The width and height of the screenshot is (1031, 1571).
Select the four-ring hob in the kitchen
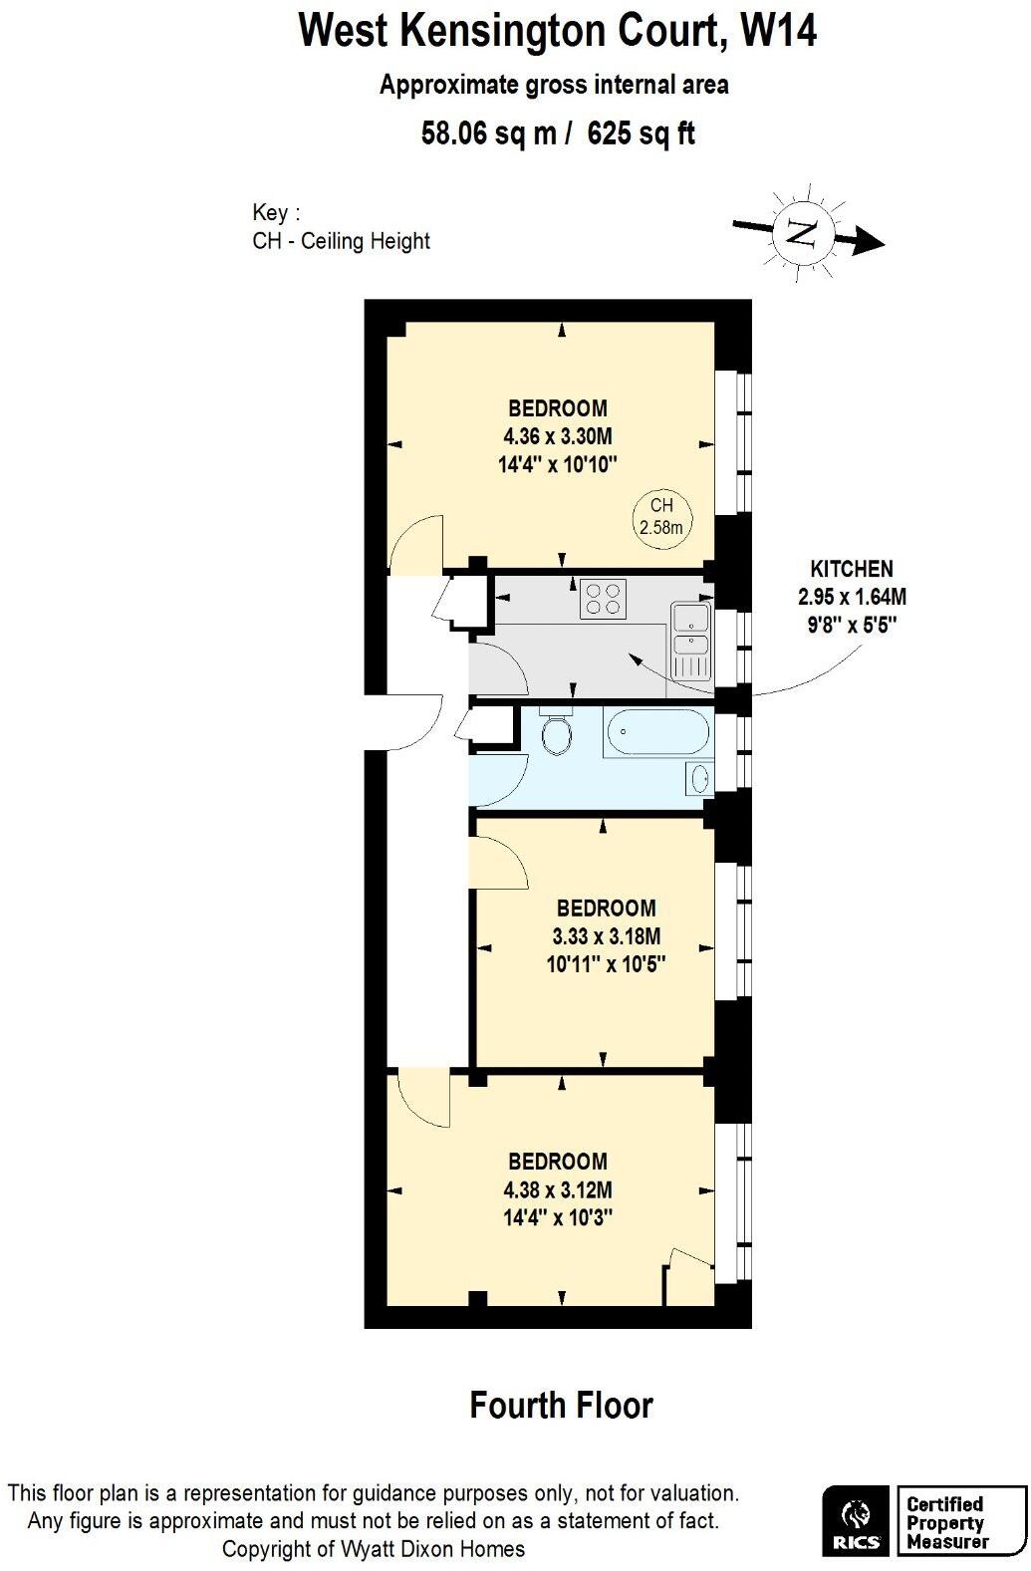coord(603,599)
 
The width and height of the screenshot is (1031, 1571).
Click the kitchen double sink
coord(690,640)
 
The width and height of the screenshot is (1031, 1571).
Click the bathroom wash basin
coord(699,777)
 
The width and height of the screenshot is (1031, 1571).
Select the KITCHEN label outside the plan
coord(852,570)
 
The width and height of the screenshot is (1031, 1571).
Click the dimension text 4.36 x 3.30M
coord(558,436)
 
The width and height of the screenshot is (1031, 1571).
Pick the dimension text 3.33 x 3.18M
coord(606,936)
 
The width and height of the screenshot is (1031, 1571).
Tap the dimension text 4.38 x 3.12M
coord(558,1189)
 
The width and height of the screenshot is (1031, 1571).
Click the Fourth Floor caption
coord(561,1406)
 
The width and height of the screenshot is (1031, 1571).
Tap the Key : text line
coord(276,213)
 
